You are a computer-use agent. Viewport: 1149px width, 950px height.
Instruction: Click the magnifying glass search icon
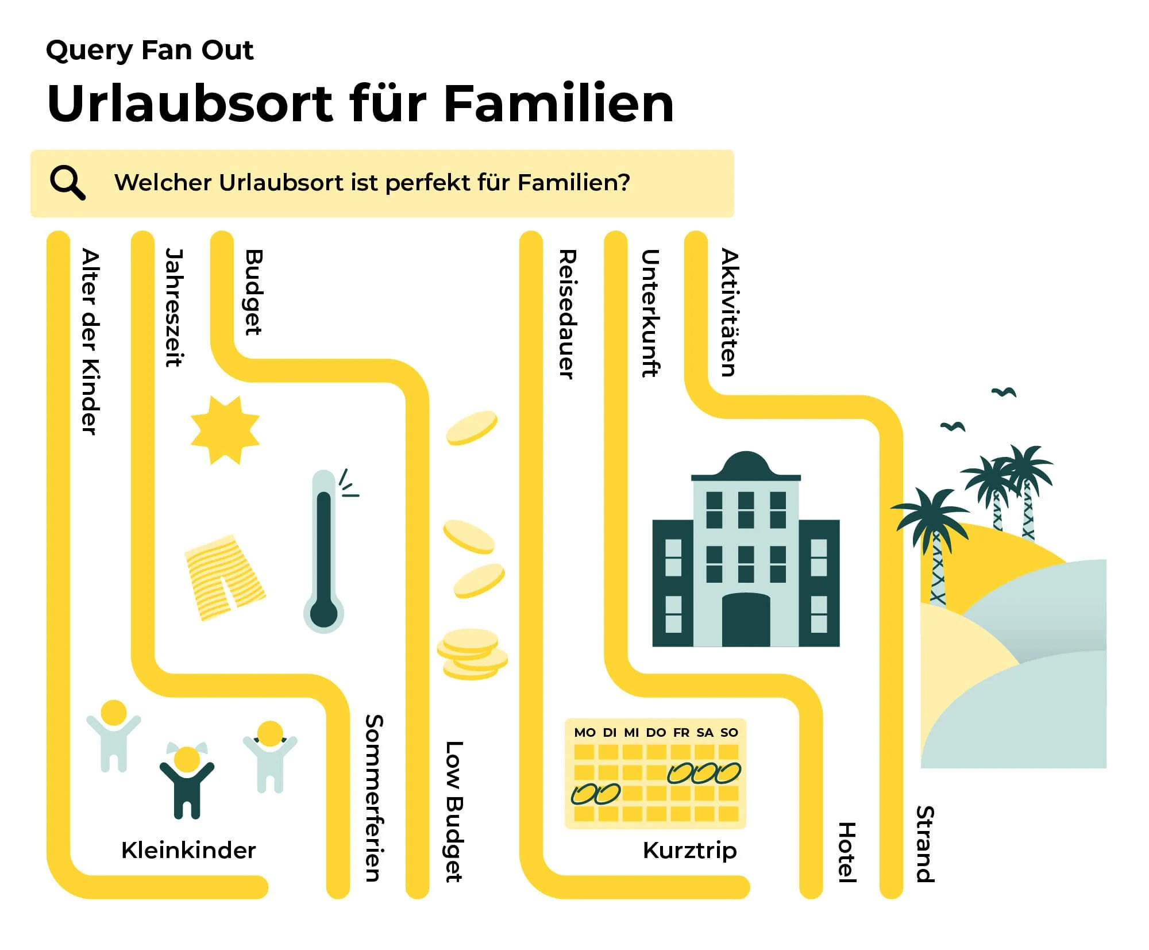pos(68,183)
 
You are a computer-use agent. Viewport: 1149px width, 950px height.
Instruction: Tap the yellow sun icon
pos(225,430)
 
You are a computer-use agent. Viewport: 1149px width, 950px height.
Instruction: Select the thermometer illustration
pos(324,552)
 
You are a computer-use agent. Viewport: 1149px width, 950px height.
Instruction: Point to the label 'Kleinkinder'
pos(188,850)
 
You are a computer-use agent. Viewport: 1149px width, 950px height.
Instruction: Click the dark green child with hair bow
pos(187,782)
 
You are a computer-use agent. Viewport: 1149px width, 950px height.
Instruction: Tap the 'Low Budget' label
pos(454,811)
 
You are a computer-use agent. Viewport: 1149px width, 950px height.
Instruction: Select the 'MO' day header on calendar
pos(585,733)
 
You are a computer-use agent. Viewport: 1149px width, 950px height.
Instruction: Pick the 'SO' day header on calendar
pos(729,733)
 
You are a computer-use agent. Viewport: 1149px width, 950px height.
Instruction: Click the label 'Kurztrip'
pos(689,850)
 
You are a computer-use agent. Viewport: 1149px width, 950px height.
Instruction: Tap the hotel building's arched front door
pos(746,621)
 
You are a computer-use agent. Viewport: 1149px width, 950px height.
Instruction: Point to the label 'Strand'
pos(925,844)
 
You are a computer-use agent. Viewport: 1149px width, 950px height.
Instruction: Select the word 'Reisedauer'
pos(567,314)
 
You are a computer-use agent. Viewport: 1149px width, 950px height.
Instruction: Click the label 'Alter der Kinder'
pos(91,341)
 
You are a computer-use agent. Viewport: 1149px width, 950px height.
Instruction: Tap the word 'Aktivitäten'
pos(729,313)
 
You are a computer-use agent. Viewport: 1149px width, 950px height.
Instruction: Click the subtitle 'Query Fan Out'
pos(149,51)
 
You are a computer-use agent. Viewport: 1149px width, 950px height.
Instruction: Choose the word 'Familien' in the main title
pos(558,104)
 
